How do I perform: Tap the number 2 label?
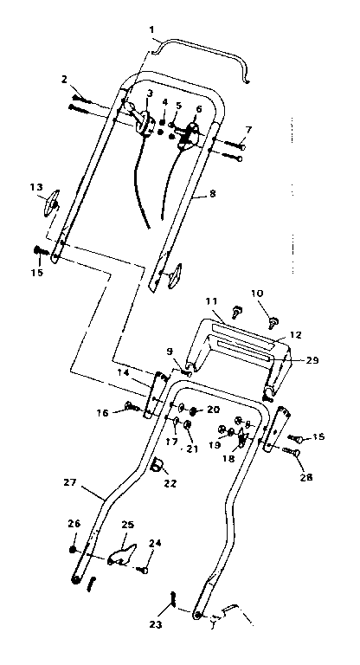point(65,81)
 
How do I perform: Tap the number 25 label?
point(127,525)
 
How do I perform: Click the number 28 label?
point(306,476)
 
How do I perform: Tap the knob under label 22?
point(158,468)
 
